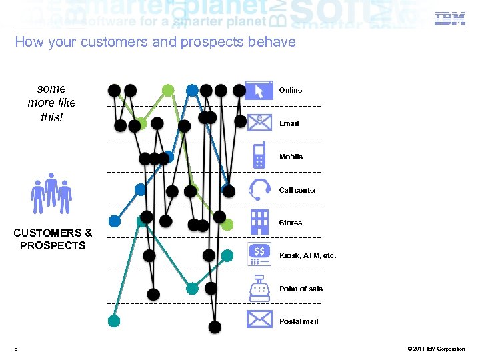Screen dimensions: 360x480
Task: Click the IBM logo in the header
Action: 450,19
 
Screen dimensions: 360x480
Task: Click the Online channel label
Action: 291,90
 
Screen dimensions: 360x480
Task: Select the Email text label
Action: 289,123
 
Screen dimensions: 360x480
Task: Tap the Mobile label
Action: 291,157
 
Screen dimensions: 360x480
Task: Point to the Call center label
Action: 298,190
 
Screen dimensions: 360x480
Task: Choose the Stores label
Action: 291,223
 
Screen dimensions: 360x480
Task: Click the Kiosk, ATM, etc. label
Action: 308,255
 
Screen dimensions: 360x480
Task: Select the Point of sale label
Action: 301,289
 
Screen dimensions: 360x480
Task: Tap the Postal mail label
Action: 299,321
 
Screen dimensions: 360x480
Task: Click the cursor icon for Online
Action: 259,90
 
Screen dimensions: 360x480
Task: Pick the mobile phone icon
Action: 259,155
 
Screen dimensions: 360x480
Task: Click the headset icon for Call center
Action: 259,189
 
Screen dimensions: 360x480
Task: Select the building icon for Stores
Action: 259,221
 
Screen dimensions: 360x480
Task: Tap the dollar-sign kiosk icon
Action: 259,254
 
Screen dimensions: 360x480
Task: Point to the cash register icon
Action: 259,287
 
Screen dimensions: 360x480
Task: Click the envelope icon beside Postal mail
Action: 259,320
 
